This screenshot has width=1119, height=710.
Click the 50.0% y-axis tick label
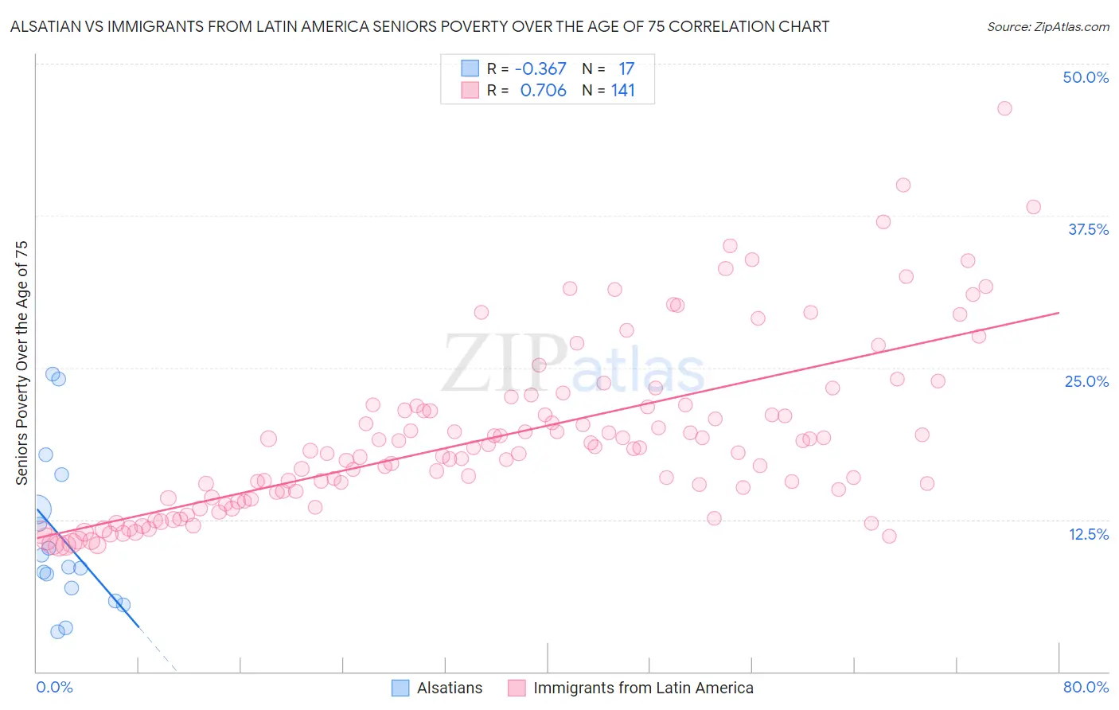tap(1086, 77)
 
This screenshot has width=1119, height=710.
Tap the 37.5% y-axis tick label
tap(1088, 229)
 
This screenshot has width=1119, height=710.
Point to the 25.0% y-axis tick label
tap(1086, 381)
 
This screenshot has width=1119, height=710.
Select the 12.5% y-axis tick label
tap(1088, 534)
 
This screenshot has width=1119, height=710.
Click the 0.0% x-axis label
tap(54, 687)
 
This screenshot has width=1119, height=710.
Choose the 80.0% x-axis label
tap(1086, 687)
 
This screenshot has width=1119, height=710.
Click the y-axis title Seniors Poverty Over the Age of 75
tap(22, 362)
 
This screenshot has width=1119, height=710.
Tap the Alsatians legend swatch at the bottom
tap(400, 688)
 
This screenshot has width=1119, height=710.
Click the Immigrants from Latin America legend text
tap(643, 688)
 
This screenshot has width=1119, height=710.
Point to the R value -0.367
tap(540, 69)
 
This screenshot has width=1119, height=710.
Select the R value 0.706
tap(543, 91)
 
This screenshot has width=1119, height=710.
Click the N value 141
tap(623, 91)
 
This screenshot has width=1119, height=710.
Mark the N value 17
tap(626, 69)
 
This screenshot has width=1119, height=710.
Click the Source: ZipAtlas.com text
tap(1047, 27)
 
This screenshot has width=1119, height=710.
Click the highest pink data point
tap(1004, 108)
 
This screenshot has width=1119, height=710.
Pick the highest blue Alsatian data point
tap(53, 374)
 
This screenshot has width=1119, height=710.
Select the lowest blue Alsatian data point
tap(57, 631)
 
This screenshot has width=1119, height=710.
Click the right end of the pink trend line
tap(1059, 313)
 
